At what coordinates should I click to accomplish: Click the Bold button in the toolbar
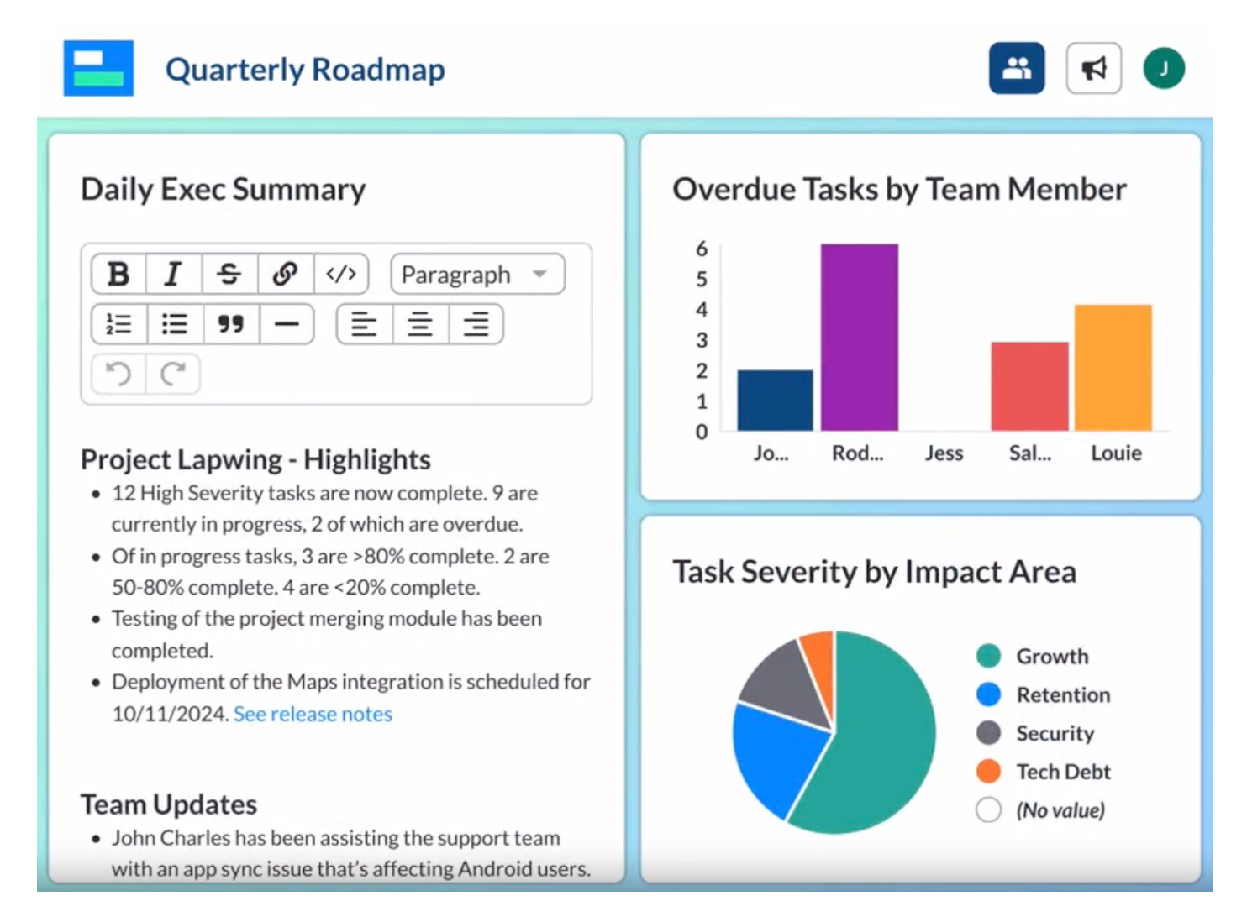click(x=118, y=274)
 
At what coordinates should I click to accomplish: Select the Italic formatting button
click(x=173, y=274)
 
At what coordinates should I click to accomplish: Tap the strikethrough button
click(x=229, y=274)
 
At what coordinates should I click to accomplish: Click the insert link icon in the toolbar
click(x=285, y=274)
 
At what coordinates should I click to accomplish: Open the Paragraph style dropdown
click(x=476, y=275)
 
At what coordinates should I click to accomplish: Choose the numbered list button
click(x=118, y=324)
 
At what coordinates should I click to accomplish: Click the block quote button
click(x=230, y=324)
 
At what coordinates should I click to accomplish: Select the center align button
click(x=419, y=324)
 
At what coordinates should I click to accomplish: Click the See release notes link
click(x=313, y=714)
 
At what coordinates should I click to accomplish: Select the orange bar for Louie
click(x=1113, y=368)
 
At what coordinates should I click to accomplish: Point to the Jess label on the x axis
click(x=944, y=453)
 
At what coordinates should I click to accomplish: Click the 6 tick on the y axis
click(x=702, y=249)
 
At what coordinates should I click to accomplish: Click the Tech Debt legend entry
click(x=1062, y=772)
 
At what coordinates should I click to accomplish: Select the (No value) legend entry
click(x=1060, y=810)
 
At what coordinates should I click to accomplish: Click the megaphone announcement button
click(x=1093, y=68)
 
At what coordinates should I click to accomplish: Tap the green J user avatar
click(x=1164, y=68)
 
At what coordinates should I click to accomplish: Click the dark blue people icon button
click(x=1017, y=68)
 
